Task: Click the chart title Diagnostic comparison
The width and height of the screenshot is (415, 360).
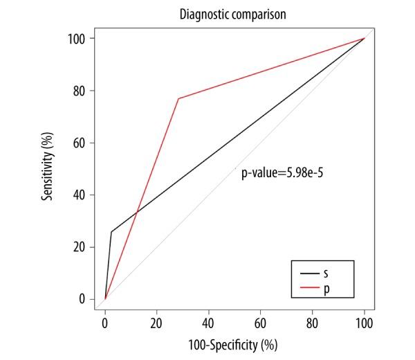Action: pos(234,12)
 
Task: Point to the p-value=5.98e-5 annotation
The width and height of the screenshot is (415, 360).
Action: pos(282,174)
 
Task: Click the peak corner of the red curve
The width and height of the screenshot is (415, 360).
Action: pos(178,98)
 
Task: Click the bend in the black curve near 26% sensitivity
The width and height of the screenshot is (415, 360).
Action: pos(111,232)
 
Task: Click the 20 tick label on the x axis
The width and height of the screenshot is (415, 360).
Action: pos(157,322)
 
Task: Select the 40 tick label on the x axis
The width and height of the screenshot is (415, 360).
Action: pos(209,322)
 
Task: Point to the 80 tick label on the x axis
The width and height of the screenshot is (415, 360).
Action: pos(313,322)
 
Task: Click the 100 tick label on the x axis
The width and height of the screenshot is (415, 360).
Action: pos(364,322)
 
